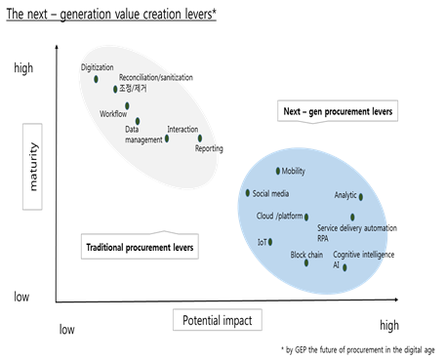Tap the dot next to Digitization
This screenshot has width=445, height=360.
point(96,79)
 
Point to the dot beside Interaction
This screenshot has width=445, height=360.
point(167,139)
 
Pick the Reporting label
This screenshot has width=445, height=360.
point(209,148)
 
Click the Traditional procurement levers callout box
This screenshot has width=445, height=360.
point(140,247)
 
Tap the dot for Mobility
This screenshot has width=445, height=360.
point(277,172)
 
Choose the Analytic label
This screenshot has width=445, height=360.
point(345,195)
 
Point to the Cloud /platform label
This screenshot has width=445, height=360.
point(280,216)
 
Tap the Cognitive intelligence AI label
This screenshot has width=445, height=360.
point(363,259)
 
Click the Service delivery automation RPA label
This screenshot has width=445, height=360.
point(356,232)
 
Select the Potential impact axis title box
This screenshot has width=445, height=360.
point(216,319)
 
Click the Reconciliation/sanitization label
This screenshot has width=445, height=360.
point(156,77)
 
